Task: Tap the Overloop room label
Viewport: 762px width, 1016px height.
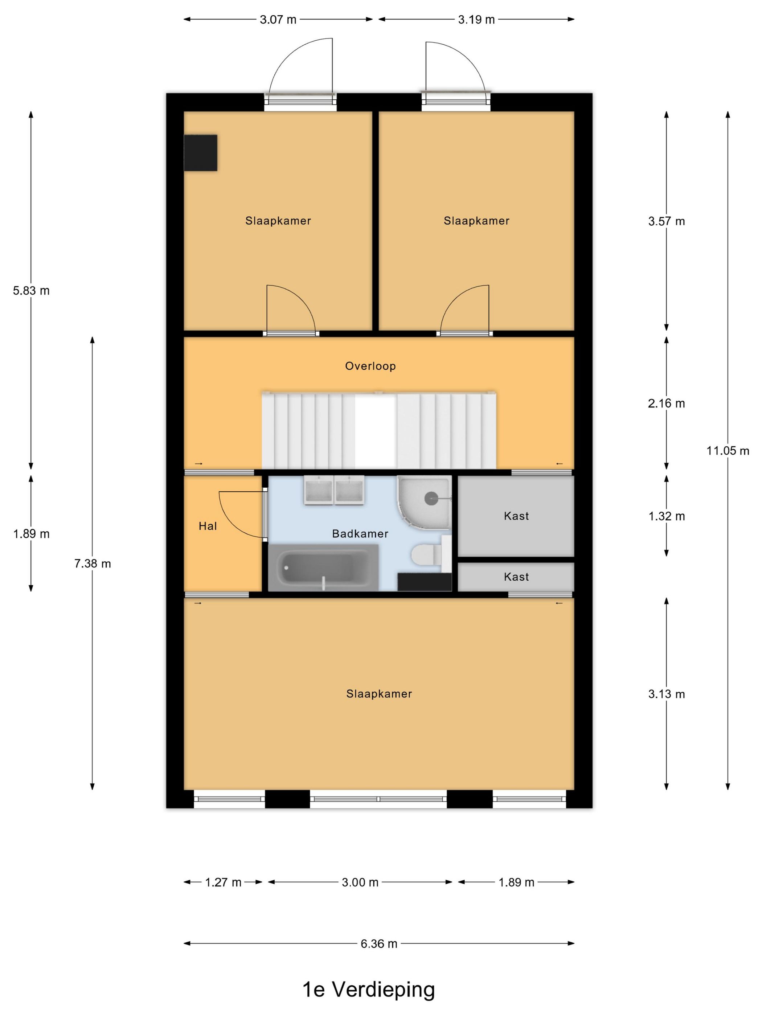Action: click(370, 366)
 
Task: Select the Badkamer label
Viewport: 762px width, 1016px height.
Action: click(360, 534)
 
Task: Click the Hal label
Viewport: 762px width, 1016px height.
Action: click(208, 527)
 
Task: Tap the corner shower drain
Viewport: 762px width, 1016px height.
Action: click(431, 498)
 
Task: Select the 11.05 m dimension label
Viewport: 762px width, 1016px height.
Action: click(728, 451)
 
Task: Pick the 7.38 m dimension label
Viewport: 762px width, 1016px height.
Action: click(93, 564)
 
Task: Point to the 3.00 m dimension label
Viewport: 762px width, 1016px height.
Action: click(360, 882)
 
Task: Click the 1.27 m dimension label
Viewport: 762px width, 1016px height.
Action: click(223, 882)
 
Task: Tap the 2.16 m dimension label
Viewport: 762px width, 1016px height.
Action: click(667, 403)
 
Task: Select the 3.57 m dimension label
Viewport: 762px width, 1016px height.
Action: click(667, 221)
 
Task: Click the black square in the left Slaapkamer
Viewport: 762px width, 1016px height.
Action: click(201, 153)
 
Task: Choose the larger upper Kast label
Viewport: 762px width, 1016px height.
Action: click(516, 516)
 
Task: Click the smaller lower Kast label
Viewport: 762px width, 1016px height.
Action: click(516, 577)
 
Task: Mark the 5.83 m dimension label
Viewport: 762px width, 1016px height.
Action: click(31, 291)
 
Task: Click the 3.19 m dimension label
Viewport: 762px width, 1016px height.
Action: click(476, 20)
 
